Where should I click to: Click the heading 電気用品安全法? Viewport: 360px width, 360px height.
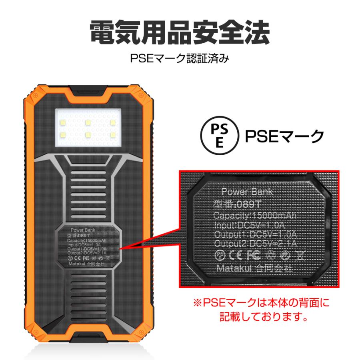click(x=180, y=33)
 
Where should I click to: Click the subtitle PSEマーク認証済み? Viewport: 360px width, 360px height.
click(x=180, y=59)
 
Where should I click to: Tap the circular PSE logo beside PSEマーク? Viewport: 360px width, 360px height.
click(x=219, y=136)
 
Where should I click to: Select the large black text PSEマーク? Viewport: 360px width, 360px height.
click(x=284, y=136)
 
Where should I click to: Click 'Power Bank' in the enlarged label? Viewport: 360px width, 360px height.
click(x=247, y=192)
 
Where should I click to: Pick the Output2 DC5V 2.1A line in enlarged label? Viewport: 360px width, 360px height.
click(x=255, y=244)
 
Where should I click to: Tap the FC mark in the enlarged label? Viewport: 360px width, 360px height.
click(x=253, y=255)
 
